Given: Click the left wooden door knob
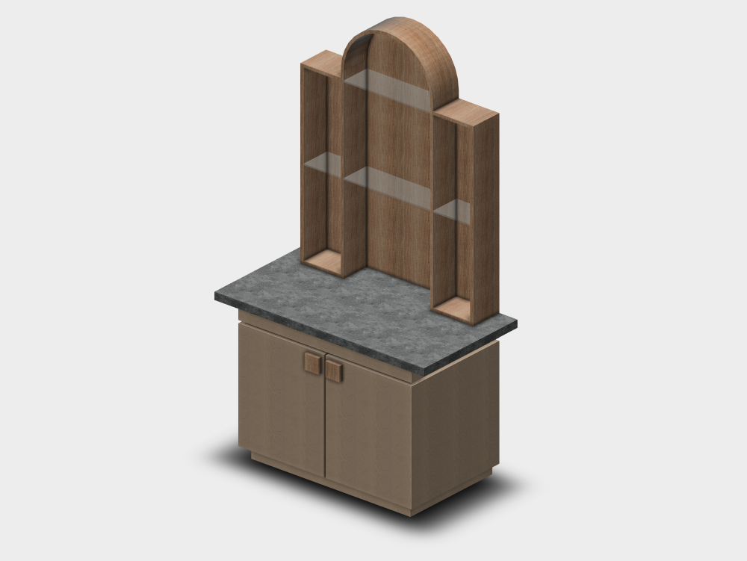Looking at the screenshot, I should coord(312,364).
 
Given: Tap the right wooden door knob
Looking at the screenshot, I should coord(333,371).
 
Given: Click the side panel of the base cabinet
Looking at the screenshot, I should coord(456,426).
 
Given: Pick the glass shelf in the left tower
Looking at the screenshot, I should coord(323,164).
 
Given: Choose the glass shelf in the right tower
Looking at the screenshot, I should coord(453,211).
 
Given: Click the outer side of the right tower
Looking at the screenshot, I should coord(486,217).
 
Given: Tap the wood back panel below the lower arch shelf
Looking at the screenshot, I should coord(396,239).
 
